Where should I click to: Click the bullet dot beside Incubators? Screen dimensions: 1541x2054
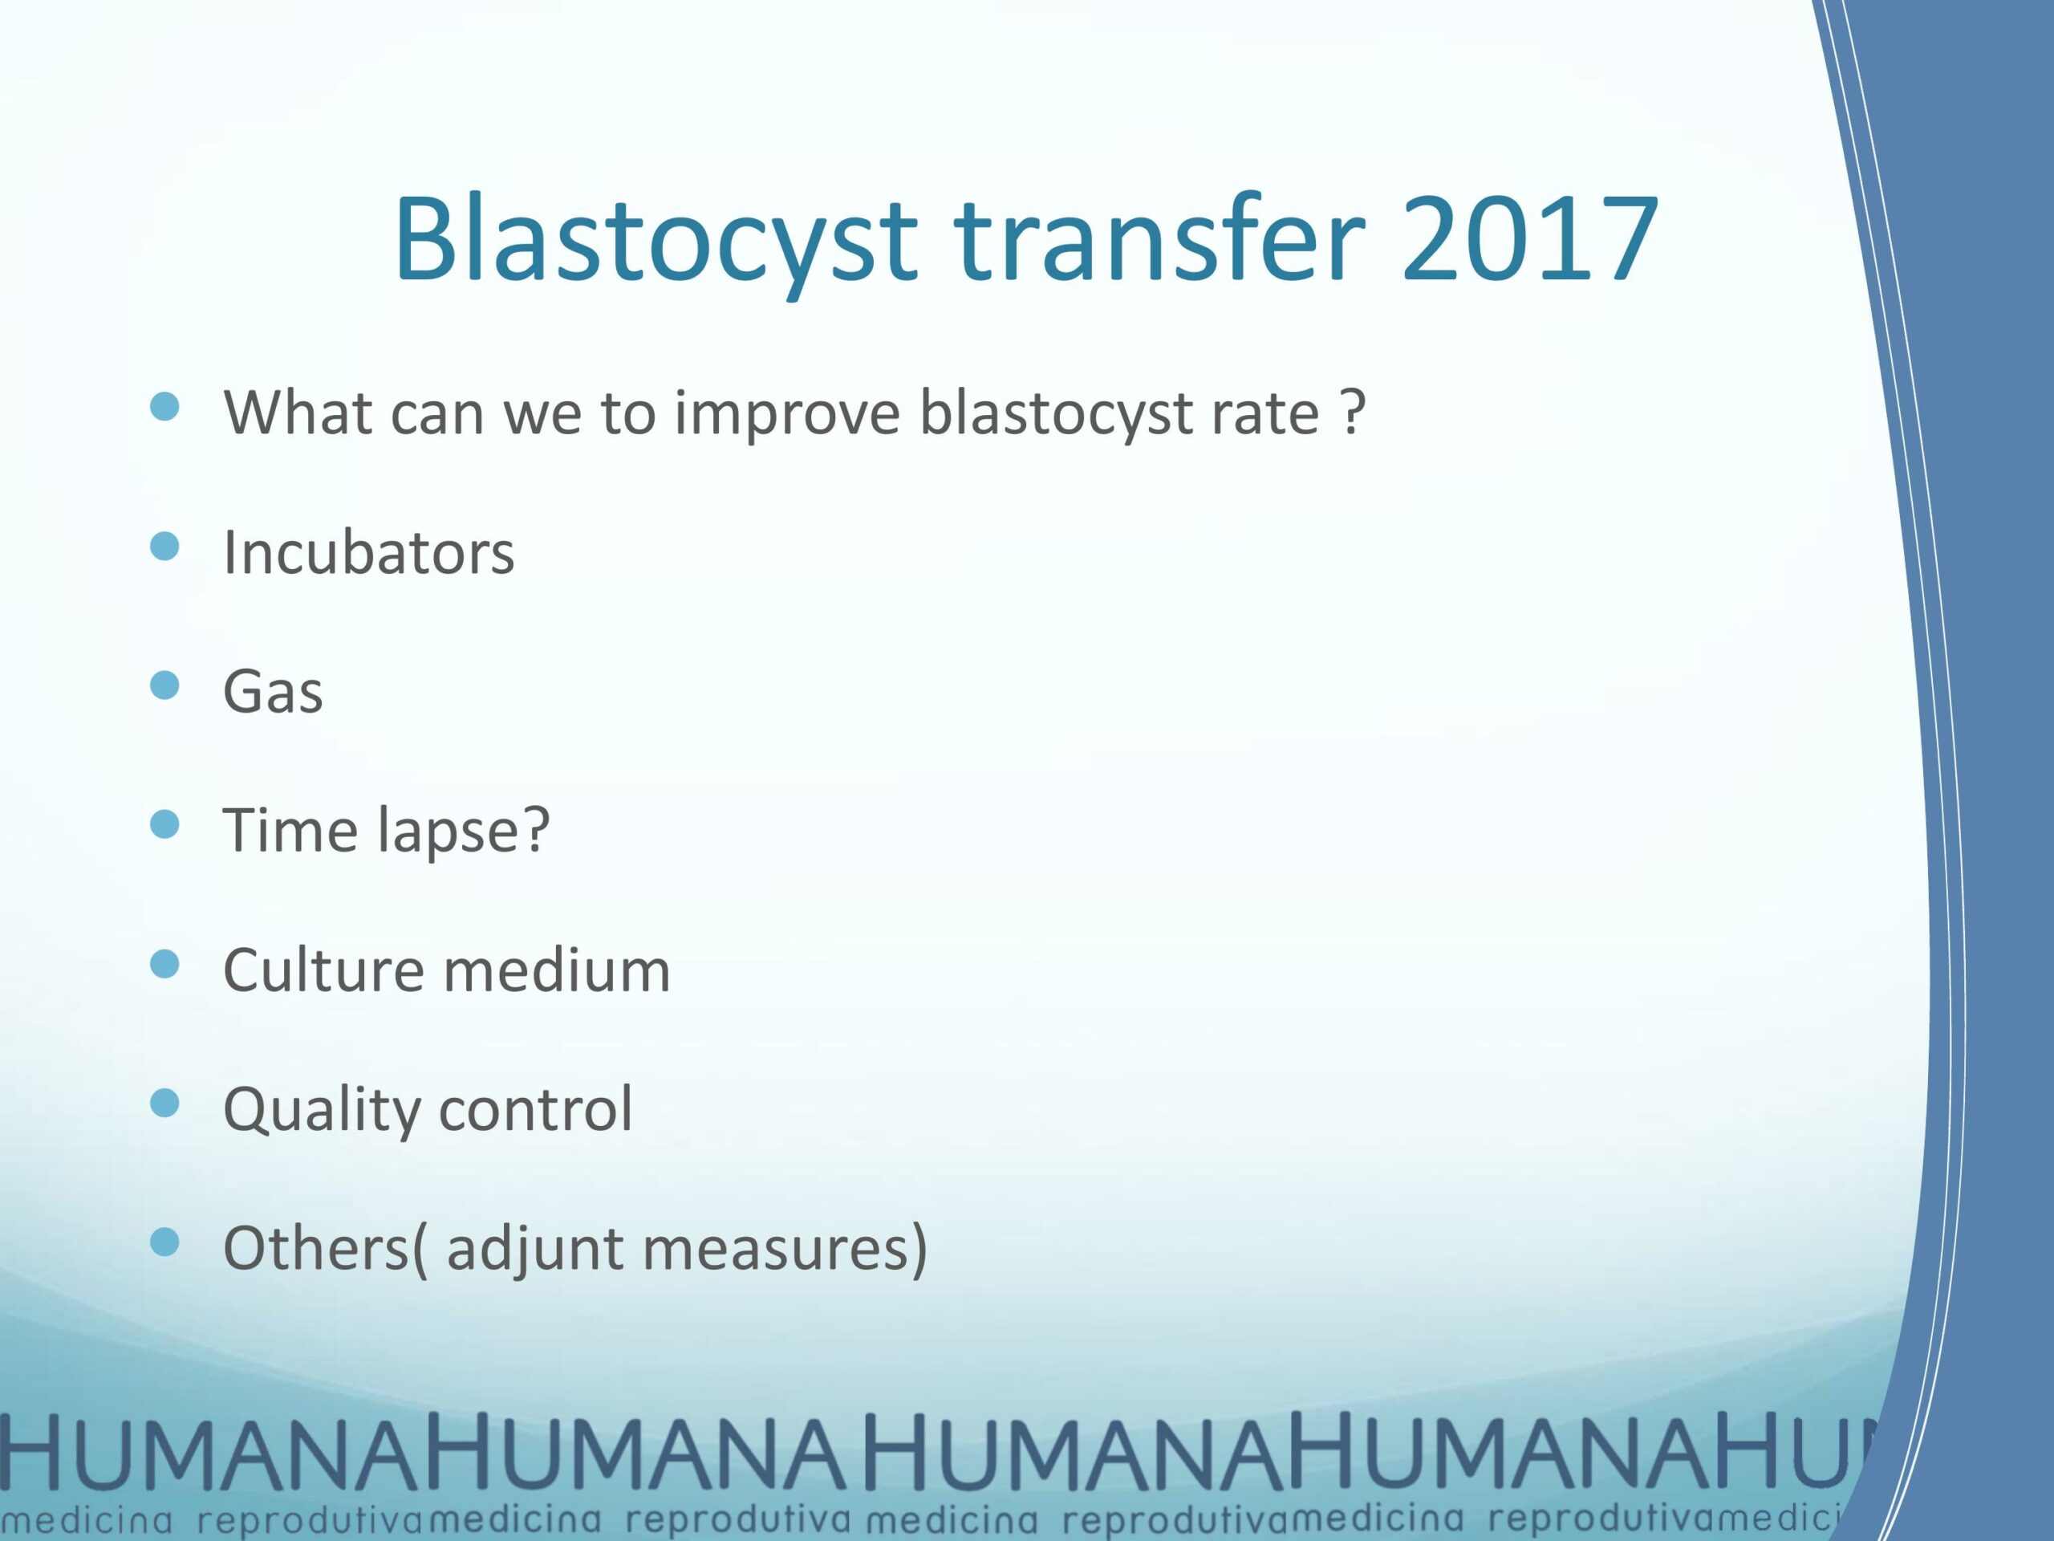click(x=164, y=547)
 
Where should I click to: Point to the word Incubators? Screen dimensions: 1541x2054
click(x=368, y=553)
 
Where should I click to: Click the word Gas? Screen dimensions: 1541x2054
click(x=273, y=692)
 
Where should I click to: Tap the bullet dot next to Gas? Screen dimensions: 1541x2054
click(x=164, y=685)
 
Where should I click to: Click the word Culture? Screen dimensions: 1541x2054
click(x=323, y=970)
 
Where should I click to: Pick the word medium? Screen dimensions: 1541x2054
click(x=556, y=970)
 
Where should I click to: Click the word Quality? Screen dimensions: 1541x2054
click(x=321, y=1111)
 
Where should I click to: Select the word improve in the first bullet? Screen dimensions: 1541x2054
click(x=787, y=414)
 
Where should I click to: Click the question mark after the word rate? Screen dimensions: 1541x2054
click(x=1354, y=411)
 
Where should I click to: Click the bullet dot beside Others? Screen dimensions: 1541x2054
click(x=164, y=1242)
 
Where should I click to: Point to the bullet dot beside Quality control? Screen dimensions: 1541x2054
click(x=164, y=1103)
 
